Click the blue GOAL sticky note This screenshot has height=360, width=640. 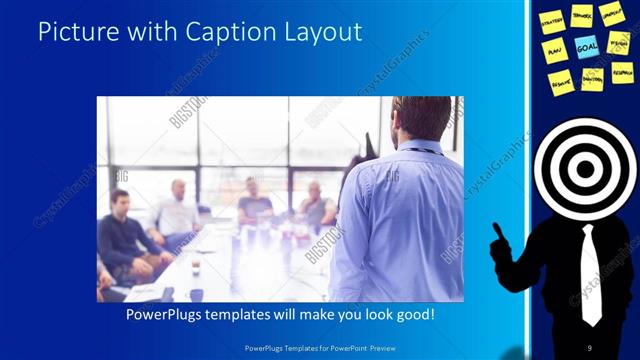click(x=587, y=45)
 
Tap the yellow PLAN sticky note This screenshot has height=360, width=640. click(x=555, y=50)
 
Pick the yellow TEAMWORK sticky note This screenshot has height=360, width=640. click(x=583, y=15)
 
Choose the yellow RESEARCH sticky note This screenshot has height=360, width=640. click(x=622, y=72)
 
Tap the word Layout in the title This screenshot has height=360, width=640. click(x=320, y=32)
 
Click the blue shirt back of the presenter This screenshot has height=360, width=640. click(x=400, y=220)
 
